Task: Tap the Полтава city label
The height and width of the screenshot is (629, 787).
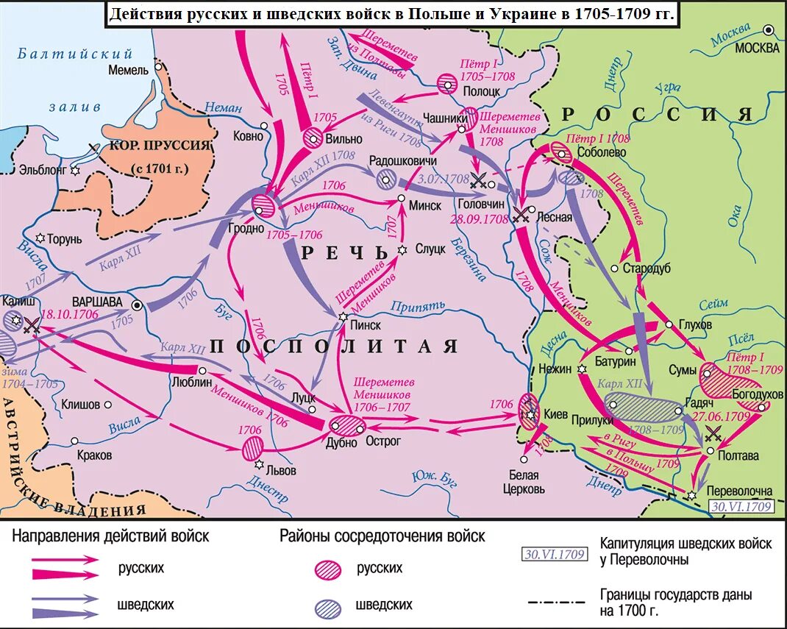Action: [738, 455]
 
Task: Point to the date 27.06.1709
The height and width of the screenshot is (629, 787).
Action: [721, 416]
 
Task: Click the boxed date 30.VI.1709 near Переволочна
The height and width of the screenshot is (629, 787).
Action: [740, 507]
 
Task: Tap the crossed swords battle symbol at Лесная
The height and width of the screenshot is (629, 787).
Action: [521, 214]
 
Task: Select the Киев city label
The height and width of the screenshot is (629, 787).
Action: [556, 415]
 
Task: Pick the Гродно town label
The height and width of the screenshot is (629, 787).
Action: [246, 228]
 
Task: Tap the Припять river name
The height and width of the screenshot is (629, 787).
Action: [419, 305]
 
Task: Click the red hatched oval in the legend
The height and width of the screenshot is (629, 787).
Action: [328, 569]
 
